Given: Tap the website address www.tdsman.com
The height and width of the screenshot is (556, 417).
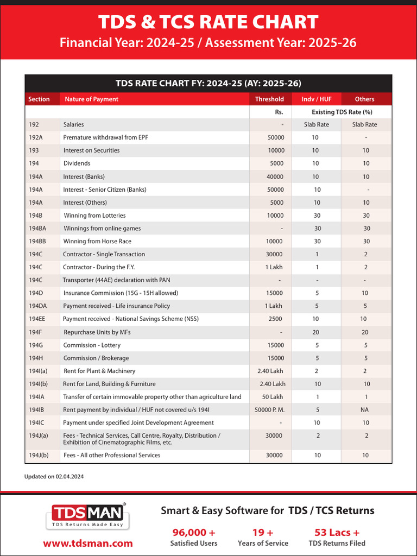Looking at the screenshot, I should coord(88,543).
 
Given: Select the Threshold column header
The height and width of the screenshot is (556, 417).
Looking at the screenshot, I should coord(269,99).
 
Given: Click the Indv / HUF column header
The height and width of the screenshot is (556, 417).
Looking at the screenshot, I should coord(317,99).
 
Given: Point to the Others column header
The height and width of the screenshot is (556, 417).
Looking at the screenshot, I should coord(364,99).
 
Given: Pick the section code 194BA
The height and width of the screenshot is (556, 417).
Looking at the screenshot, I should coord(38,228).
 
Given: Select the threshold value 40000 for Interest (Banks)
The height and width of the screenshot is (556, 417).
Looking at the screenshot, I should coord(275,176).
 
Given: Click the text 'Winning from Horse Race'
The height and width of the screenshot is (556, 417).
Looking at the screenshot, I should coord(97,241).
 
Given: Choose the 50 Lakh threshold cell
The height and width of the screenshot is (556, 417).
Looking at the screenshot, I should coord(273,397).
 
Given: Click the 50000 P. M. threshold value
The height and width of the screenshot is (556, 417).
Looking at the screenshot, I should coord(269,410).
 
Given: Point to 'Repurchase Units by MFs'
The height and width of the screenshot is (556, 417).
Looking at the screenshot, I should coord(97,332).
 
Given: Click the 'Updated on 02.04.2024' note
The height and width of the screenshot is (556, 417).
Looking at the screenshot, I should coord(54,476).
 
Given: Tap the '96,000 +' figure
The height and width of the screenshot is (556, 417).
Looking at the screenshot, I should coord(194,532).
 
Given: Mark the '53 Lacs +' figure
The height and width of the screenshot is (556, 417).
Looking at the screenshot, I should coord(337,532).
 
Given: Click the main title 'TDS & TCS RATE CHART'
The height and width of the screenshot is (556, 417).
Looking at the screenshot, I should coord(208,22).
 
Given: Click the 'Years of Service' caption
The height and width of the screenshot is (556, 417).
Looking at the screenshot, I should coord(263,543).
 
